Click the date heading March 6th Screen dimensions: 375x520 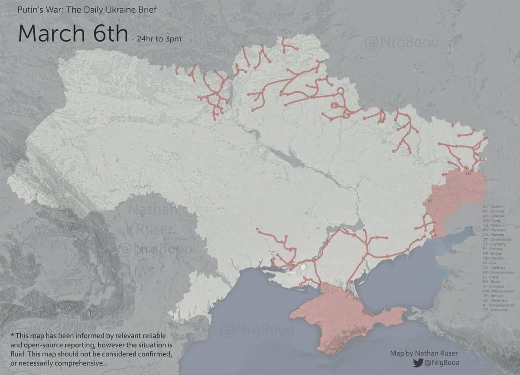[x=73, y=33]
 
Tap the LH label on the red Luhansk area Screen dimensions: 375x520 [x=468, y=173]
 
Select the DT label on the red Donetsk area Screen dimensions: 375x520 [x=429, y=202]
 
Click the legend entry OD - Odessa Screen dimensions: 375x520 [x=493, y=258]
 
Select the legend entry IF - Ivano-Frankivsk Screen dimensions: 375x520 [x=498, y=305]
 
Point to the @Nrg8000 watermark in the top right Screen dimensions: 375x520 [x=401, y=42]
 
